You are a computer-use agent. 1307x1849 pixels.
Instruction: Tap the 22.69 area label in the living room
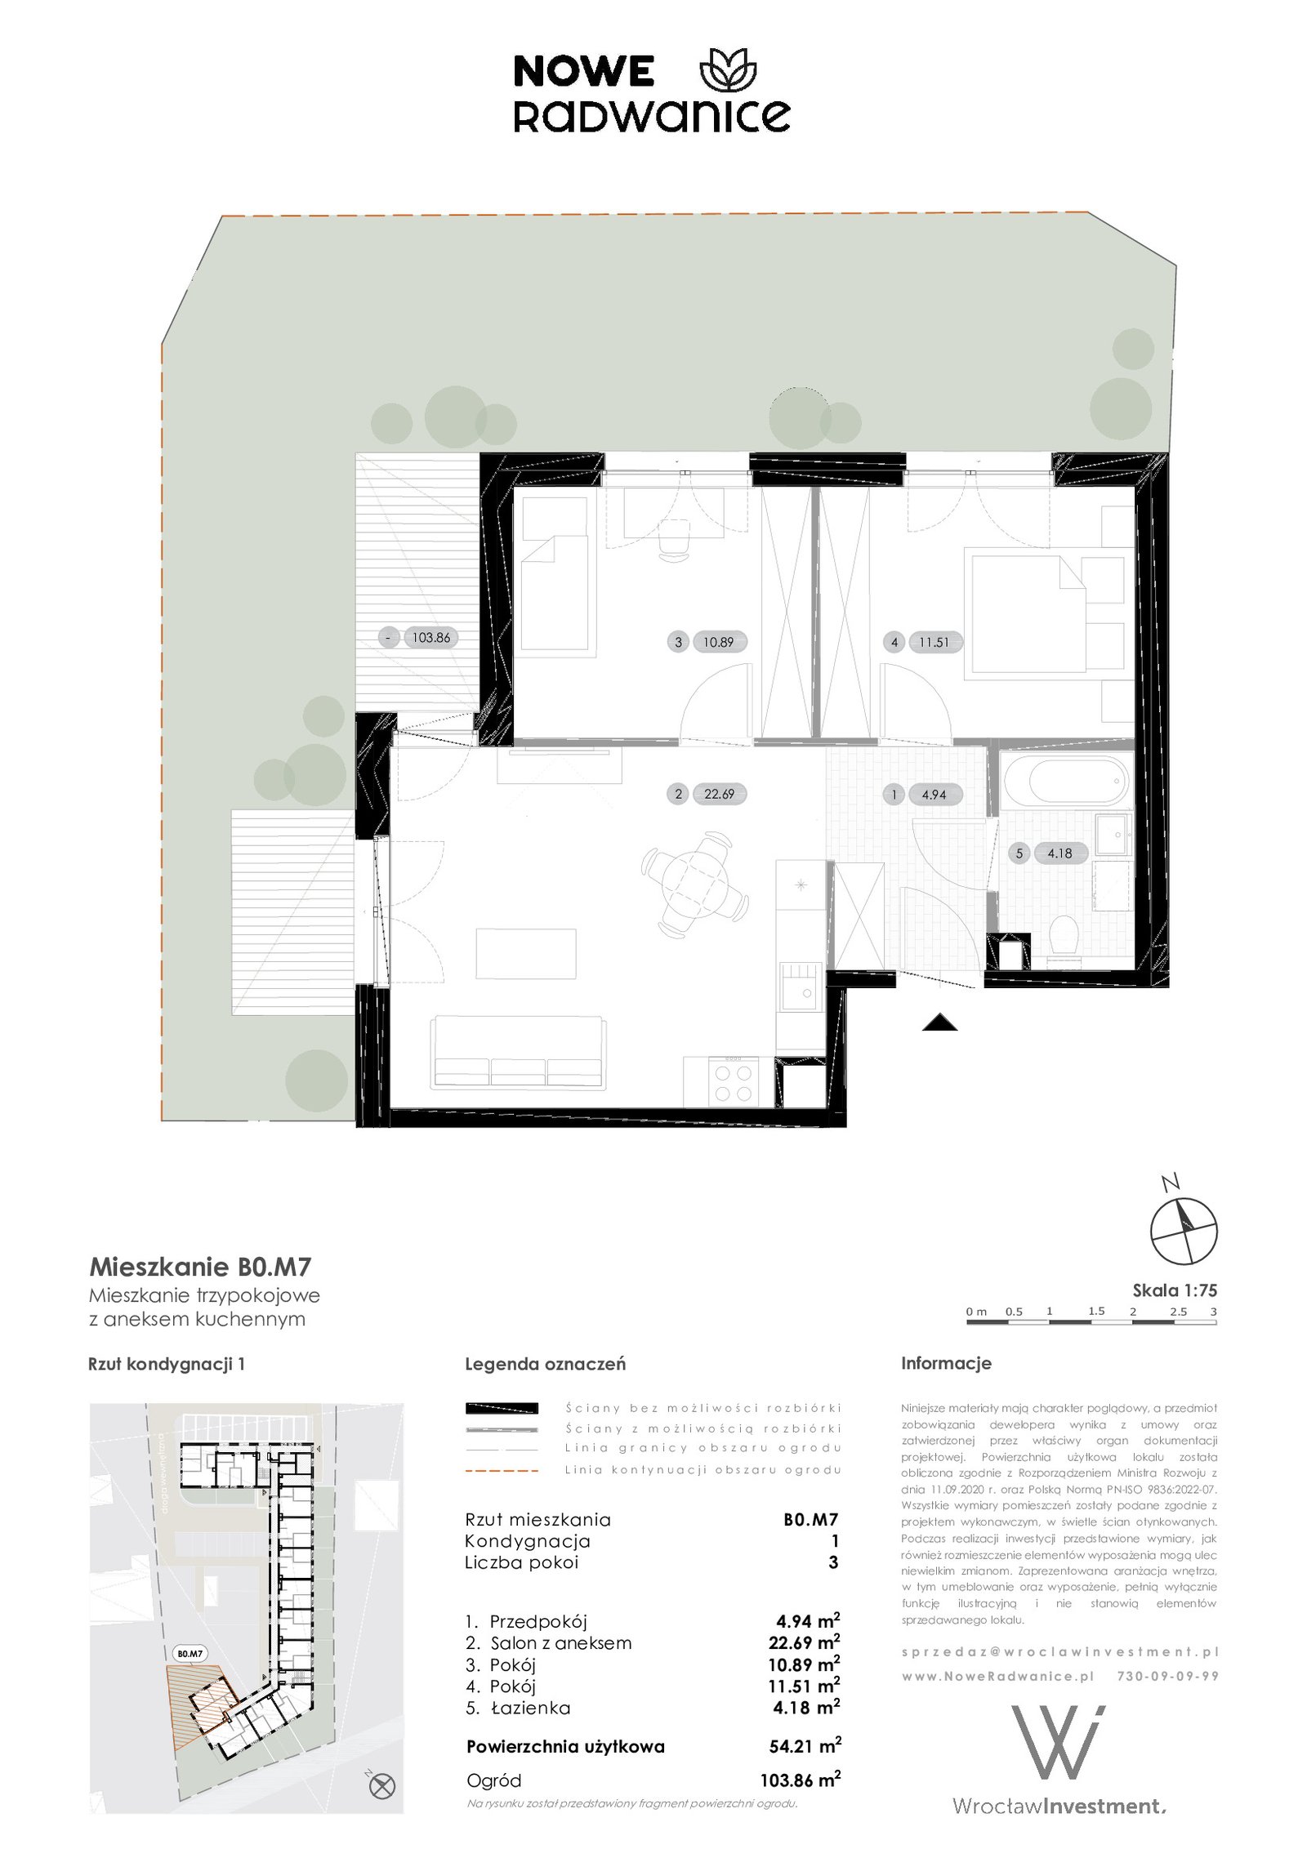719,793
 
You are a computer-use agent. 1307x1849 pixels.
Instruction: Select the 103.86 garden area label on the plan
431,638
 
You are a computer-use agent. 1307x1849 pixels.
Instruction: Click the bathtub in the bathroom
1065,781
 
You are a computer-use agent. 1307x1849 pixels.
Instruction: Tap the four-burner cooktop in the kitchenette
733,1082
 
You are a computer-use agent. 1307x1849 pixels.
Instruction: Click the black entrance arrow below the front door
939,1023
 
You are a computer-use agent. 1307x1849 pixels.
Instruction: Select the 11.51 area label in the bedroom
935,642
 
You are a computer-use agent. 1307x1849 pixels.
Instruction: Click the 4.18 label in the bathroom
1059,853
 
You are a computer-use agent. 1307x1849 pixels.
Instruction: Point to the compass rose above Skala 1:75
1184,1232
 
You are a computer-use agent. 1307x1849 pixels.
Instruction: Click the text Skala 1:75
1175,1290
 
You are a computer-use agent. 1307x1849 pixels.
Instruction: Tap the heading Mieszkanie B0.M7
200,1268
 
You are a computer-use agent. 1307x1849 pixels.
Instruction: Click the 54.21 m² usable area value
805,1747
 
